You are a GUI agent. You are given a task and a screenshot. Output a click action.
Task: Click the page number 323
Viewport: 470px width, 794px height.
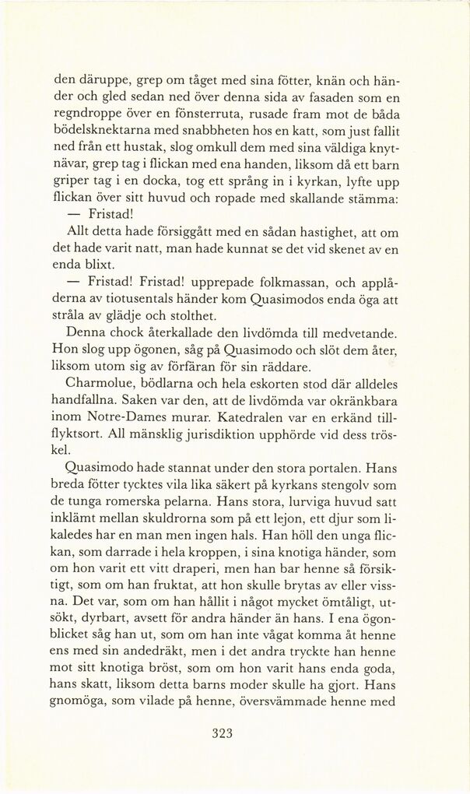tap(223, 733)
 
